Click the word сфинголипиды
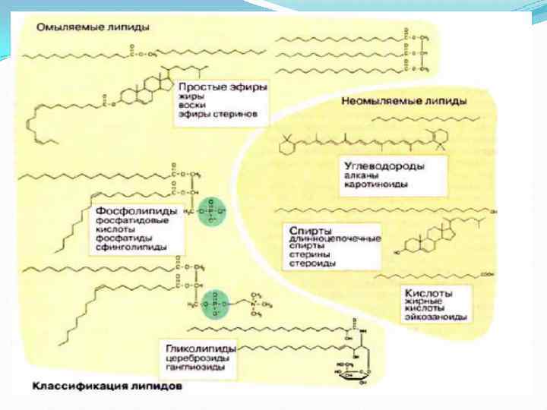click(x=126, y=248)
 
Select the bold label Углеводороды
click(x=384, y=165)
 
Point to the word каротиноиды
click(x=375, y=184)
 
